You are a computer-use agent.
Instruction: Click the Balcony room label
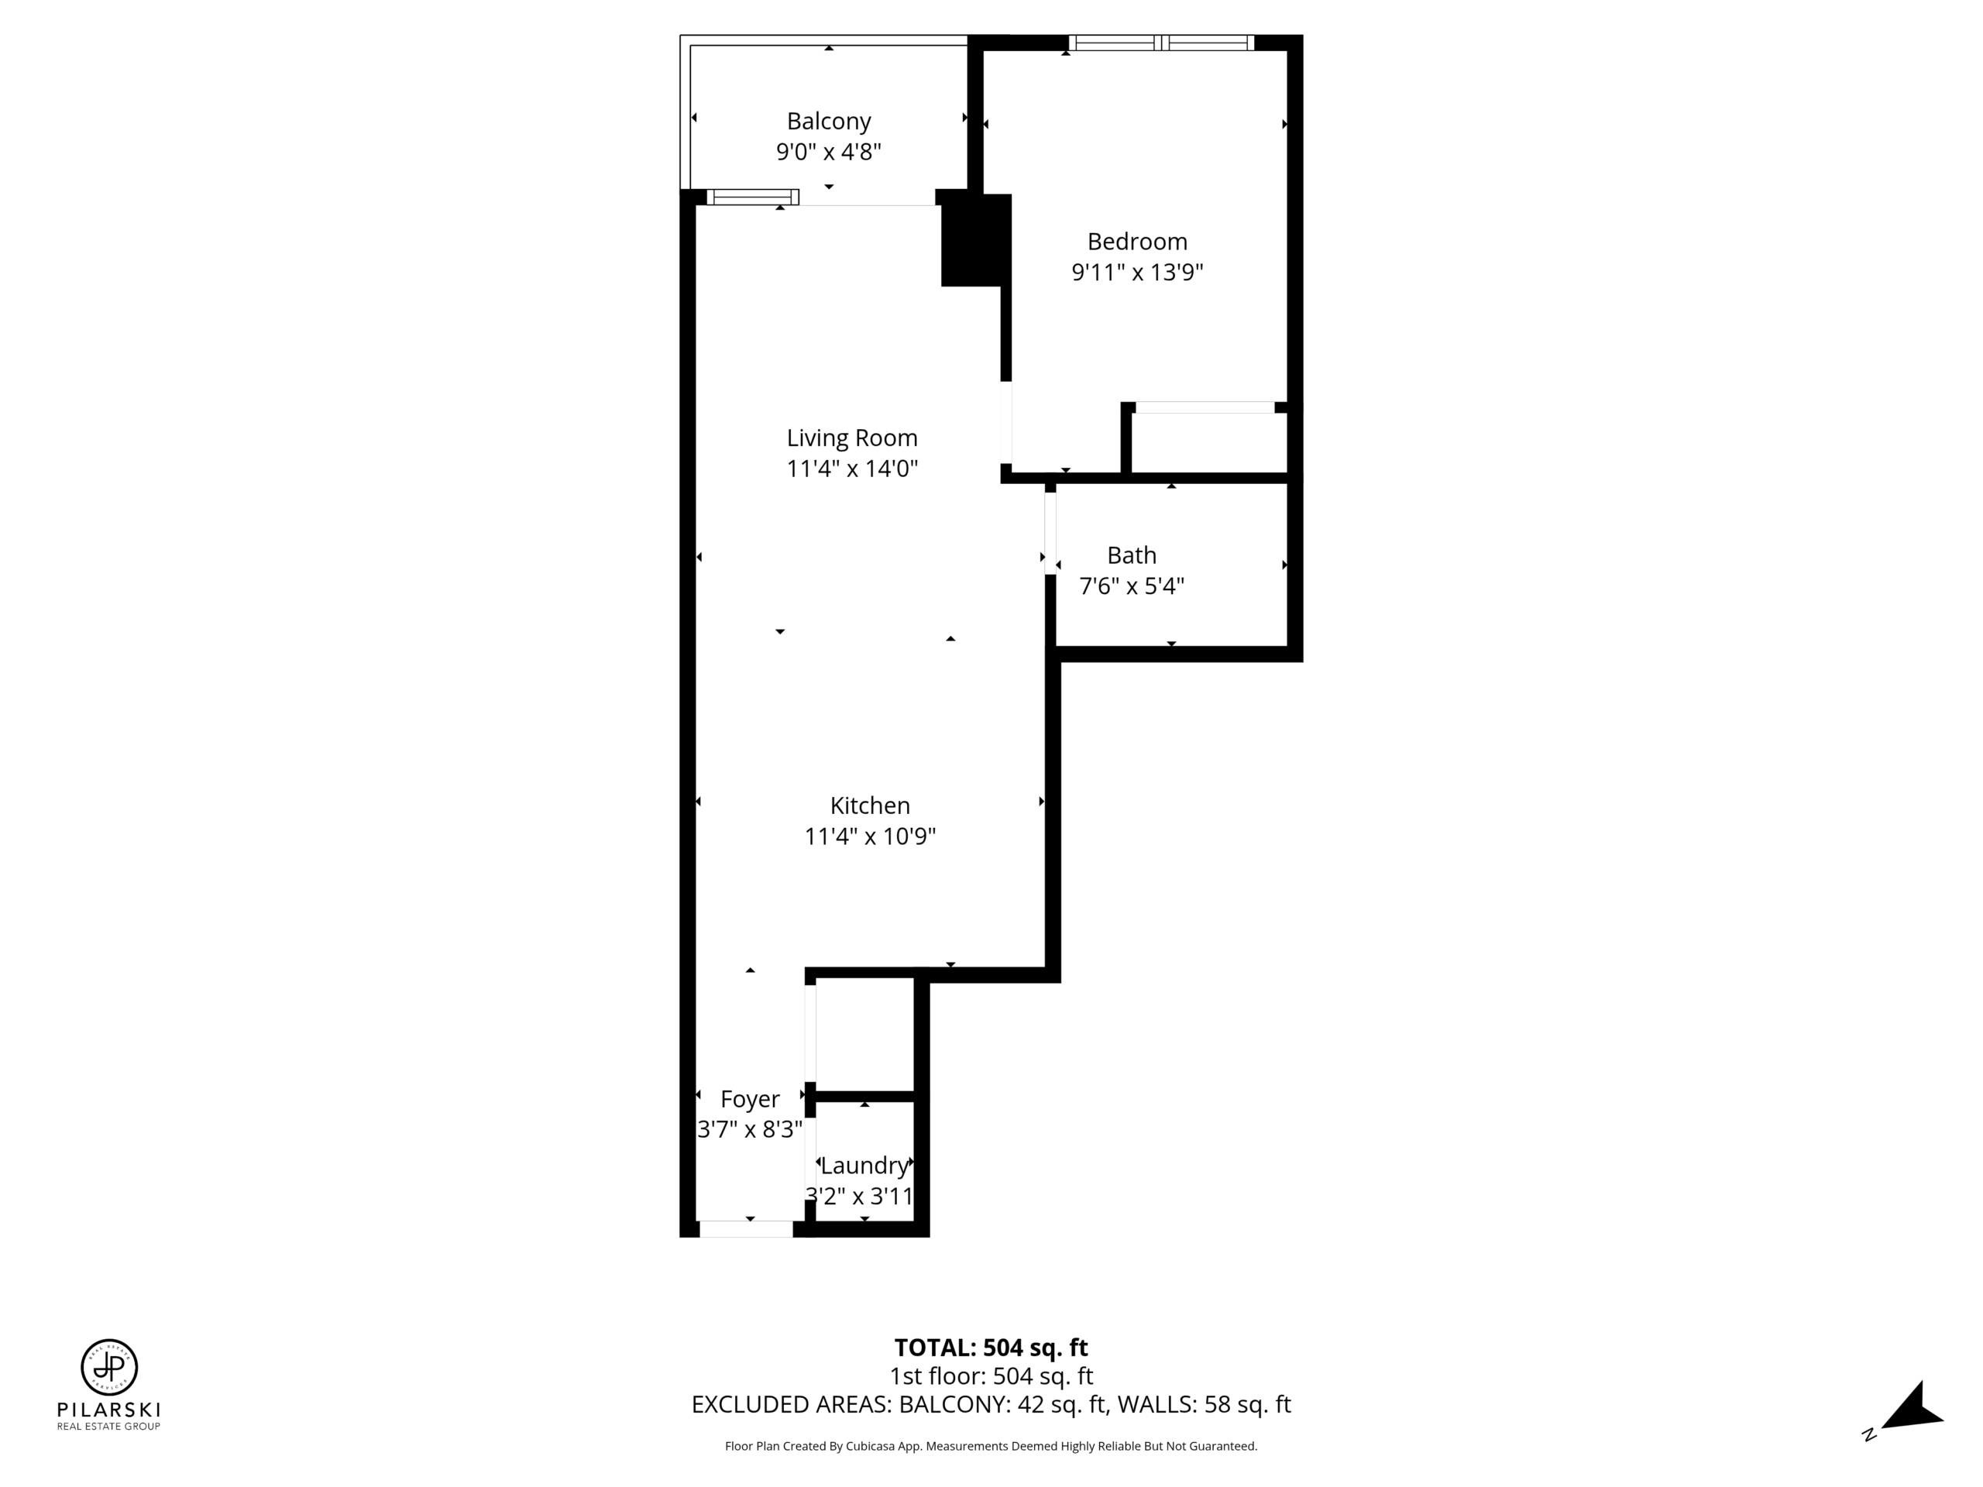(828, 121)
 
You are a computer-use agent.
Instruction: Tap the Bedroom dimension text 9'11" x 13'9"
(1136, 272)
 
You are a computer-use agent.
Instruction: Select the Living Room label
(851, 438)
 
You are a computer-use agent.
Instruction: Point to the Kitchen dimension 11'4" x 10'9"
(870, 836)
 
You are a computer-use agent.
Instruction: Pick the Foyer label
(750, 1099)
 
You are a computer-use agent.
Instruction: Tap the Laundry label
(864, 1166)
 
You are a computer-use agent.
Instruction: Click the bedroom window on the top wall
(1161, 42)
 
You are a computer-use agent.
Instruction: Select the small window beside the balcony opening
(752, 197)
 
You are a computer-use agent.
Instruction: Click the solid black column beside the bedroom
(975, 239)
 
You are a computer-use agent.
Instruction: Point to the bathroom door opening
(1050, 534)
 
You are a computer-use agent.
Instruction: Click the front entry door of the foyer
(746, 1229)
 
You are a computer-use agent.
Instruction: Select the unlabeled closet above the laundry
(864, 1035)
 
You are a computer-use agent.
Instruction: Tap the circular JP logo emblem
(109, 1368)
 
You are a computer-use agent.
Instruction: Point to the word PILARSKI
(108, 1410)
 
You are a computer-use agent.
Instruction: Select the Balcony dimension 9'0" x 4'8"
(828, 152)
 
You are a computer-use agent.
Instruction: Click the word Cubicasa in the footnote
(870, 1446)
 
